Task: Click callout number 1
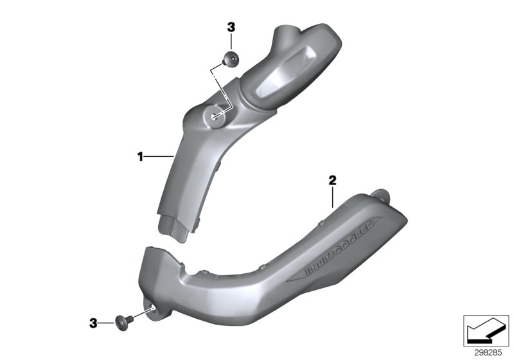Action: coord(139,155)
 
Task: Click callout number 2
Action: coord(332,181)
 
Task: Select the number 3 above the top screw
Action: coord(231,27)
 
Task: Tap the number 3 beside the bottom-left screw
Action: coord(94,323)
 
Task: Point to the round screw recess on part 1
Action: coord(216,116)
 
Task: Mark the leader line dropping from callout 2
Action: coord(332,197)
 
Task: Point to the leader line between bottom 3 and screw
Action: coord(107,322)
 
